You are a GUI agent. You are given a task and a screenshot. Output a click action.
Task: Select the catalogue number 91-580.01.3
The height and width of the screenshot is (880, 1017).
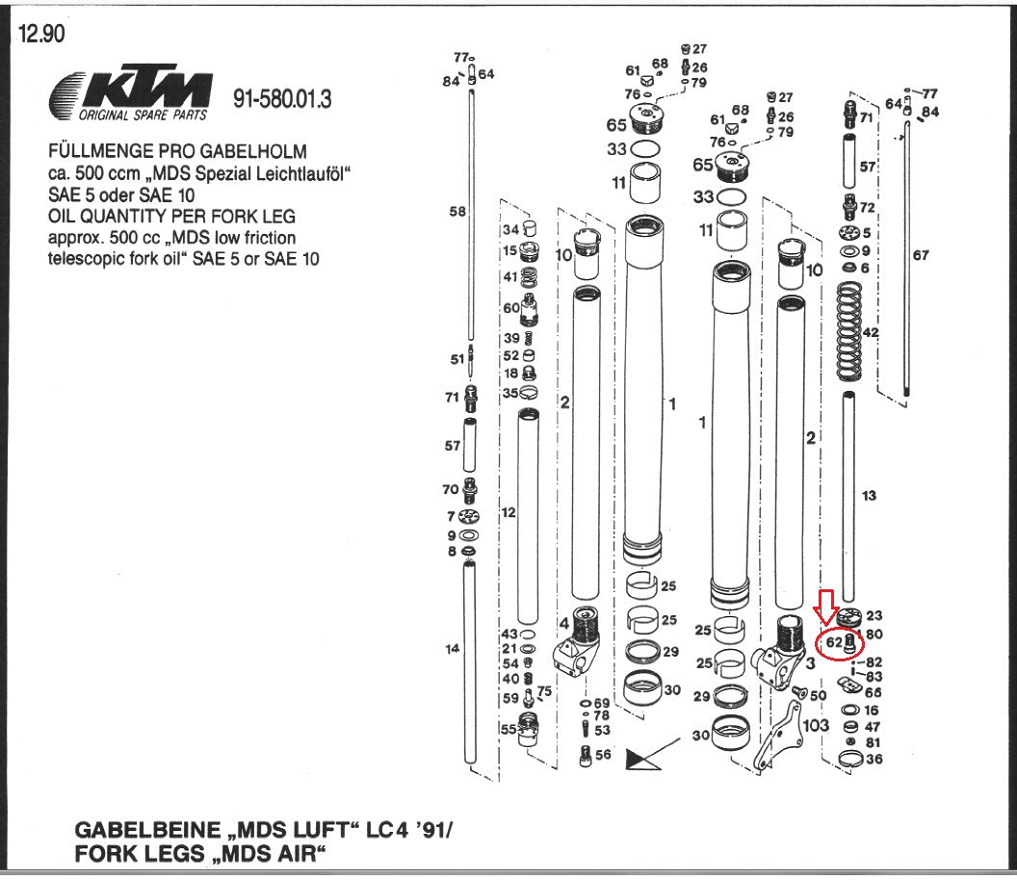[282, 99]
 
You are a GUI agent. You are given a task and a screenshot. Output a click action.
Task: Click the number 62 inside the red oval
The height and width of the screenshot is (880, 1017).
[833, 641]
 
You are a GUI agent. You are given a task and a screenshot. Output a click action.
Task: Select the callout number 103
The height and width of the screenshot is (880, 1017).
[815, 725]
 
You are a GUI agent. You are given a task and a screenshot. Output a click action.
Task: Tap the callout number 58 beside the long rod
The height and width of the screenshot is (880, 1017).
[457, 212]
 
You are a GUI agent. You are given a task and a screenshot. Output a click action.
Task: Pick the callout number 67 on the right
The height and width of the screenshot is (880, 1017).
[921, 255]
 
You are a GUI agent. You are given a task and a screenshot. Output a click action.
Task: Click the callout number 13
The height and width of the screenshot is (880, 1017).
[869, 495]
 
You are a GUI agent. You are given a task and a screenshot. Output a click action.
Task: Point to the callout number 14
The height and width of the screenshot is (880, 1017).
[453, 649]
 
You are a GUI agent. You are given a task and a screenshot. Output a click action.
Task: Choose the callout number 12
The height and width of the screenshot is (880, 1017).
[508, 512]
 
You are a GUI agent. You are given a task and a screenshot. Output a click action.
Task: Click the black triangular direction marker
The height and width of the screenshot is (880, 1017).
[639, 760]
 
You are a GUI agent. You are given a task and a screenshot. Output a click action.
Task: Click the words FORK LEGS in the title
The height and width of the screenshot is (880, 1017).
[131, 852]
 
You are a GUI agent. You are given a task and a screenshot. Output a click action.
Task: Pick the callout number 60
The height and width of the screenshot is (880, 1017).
[510, 307]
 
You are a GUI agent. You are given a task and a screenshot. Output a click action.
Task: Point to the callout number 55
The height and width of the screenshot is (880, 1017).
[508, 729]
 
